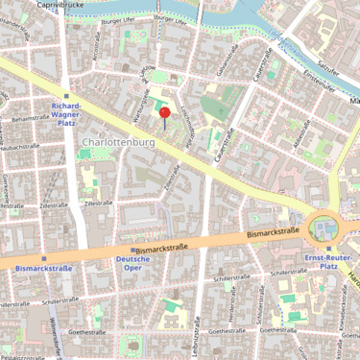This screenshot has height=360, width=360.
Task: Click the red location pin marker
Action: [164, 114]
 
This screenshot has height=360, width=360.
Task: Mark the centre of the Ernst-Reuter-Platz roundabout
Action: [324, 228]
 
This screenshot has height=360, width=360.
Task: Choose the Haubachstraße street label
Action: [21, 146]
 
